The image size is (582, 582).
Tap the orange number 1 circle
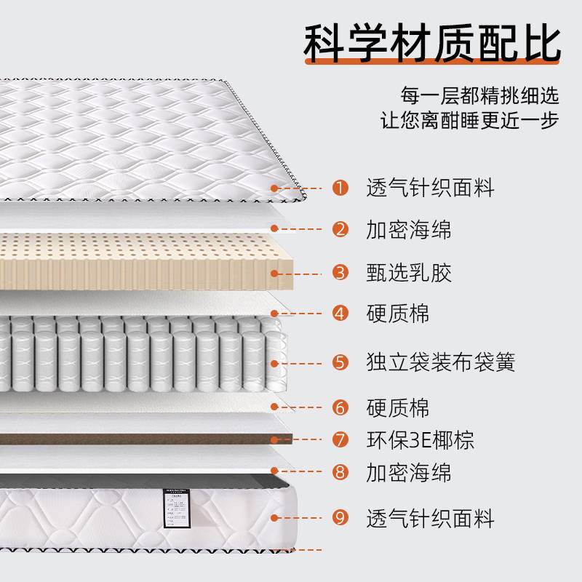click(340, 188)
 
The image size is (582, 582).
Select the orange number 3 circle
click(340, 273)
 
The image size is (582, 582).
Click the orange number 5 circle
click(340, 362)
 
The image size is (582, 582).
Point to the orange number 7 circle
click(340, 439)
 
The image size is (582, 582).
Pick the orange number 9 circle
click(340, 518)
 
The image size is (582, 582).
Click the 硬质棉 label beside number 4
click(398, 314)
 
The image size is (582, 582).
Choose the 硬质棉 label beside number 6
click(398, 407)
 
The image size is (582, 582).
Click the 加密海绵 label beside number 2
click(409, 230)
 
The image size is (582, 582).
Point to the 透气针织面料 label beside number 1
click(430, 188)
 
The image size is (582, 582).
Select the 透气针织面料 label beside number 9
click(430, 518)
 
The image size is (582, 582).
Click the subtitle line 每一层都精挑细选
click(479, 95)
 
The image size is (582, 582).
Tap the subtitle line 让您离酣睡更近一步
click(469, 120)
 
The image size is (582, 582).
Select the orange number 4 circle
click(340, 314)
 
